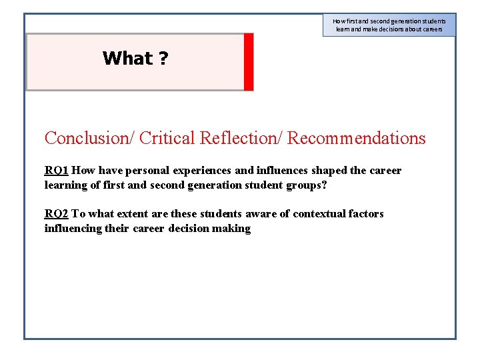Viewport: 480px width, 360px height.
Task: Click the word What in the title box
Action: pos(127,59)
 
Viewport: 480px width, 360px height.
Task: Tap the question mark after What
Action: pos(163,59)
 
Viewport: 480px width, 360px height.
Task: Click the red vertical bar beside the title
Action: pos(249,61)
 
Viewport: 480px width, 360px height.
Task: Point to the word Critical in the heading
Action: pos(167,138)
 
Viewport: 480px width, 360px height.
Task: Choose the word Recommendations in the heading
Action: pos(356,138)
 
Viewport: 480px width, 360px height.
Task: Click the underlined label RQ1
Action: pos(57,171)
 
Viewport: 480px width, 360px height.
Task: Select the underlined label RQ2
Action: pos(57,214)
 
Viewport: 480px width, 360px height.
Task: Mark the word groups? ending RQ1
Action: pos(307,185)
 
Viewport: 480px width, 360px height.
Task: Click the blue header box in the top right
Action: pos(389,25)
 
